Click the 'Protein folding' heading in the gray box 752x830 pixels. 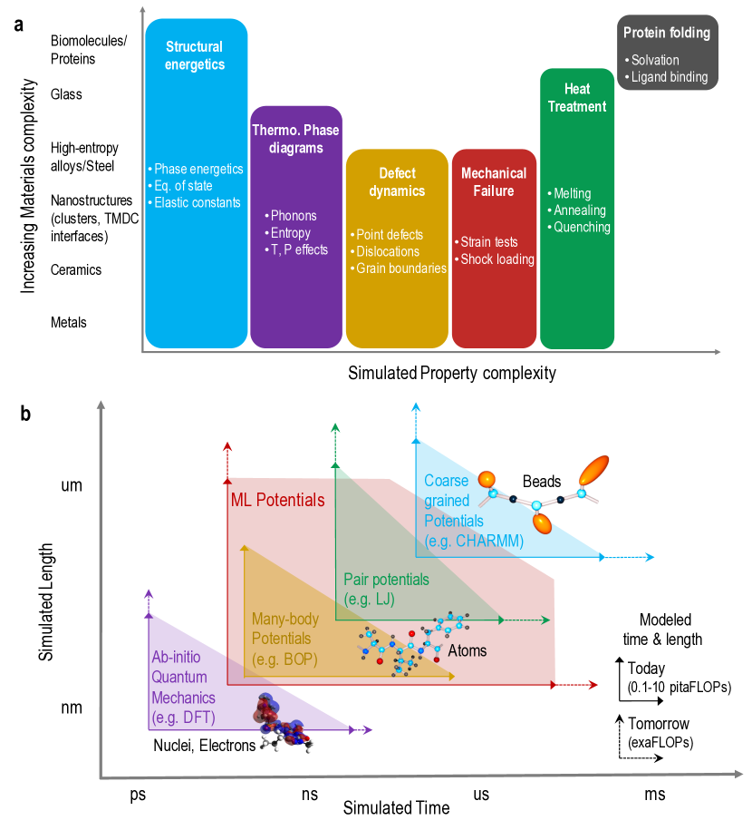[x=667, y=34]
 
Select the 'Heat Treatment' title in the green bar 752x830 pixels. [x=584, y=98]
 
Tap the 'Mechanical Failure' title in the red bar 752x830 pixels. [x=494, y=181]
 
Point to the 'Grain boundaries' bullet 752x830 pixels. [x=401, y=269]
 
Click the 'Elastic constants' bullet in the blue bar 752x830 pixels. [x=197, y=202]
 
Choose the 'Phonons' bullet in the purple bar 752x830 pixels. [x=292, y=216]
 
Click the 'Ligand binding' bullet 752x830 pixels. [x=670, y=77]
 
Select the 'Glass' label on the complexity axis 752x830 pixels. [x=66, y=94]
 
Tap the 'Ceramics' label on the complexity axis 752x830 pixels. [x=76, y=269]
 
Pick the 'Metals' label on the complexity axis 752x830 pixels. [x=70, y=322]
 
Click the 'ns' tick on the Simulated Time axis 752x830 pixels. [x=310, y=795]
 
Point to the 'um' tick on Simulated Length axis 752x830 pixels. [x=72, y=485]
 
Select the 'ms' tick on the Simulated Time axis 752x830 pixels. [x=654, y=795]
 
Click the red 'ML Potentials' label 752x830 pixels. [x=277, y=500]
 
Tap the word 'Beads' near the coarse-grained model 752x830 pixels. [x=542, y=482]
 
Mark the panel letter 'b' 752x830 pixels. [x=26, y=415]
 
